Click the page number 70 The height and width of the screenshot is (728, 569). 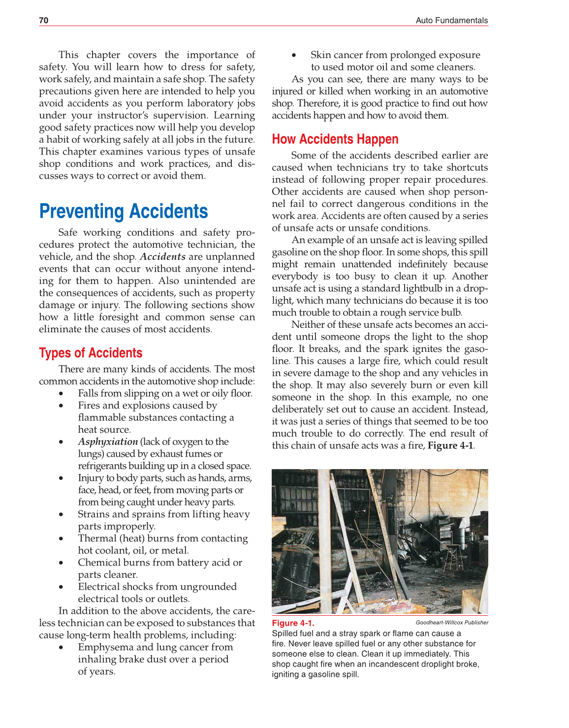(x=44, y=20)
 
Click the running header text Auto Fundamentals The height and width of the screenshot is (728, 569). (x=451, y=20)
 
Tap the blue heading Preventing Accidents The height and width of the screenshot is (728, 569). (x=124, y=211)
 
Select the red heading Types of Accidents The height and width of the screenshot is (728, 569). (x=91, y=353)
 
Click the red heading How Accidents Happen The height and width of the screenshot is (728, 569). (x=335, y=139)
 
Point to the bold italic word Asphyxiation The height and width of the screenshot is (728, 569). (x=108, y=442)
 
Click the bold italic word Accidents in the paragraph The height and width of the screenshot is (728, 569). (x=162, y=256)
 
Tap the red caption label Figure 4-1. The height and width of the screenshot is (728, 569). (x=293, y=623)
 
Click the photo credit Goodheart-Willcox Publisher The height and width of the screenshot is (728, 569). (x=452, y=622)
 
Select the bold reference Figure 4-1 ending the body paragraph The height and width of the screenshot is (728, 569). (x=450, y=445)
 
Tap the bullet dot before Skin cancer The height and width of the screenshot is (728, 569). (x=294, y=55)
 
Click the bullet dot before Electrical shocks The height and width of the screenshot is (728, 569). (x=61, y=587)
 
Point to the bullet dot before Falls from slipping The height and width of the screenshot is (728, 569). (x=61, y=393)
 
